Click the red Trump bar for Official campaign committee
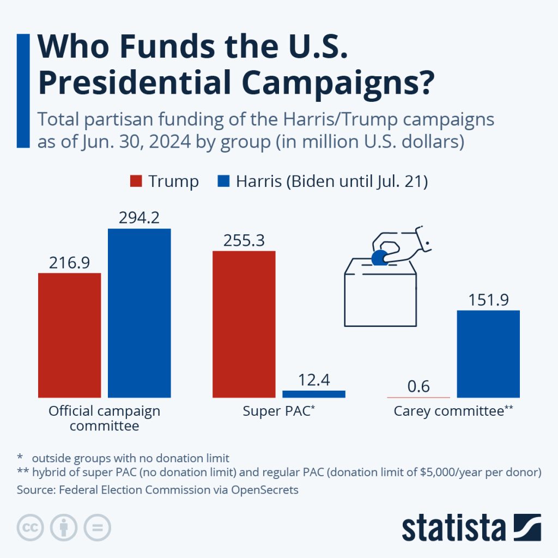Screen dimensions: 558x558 [69, 335]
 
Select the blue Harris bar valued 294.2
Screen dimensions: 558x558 [139, 313]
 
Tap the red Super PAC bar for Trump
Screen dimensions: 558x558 [244, 324]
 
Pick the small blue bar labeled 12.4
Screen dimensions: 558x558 [313, 394]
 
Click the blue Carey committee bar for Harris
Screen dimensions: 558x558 [488, 354]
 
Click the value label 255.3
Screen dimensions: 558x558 [244, 240]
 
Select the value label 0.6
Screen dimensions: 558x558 [418, 387]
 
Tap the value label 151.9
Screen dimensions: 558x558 [488, 300]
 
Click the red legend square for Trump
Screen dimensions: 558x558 [136, 181]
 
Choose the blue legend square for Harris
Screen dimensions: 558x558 [223, 181]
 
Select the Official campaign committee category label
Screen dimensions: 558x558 [104, 418]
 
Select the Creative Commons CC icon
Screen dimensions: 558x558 [31, 527]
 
